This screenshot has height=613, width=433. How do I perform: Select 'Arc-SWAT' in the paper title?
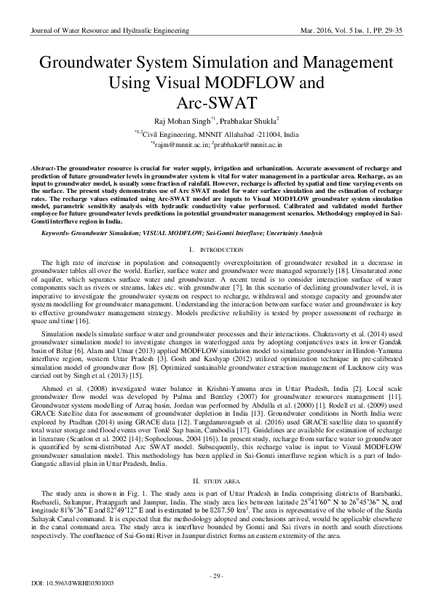(216, 100)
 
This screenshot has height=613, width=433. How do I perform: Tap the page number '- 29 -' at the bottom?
(216, 577)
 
